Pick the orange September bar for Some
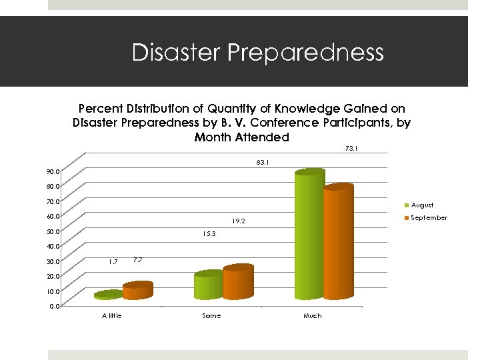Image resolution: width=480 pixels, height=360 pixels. tap(238, 283)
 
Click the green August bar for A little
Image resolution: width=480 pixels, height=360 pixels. tap(109, 294)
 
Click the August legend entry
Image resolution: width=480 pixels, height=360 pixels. tap(421, 205)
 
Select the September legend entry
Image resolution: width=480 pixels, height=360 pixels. tap(429, 218)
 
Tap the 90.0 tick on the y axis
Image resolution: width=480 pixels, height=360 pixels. tap(53, 171)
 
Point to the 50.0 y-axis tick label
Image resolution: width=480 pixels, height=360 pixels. tap(53, 231)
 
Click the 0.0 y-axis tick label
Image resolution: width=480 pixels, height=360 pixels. tap(54, 306)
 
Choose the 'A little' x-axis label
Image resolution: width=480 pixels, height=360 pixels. tap(111, 315)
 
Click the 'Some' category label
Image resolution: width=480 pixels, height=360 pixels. tap(211, 315)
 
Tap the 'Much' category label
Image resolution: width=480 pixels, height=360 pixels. tap(312, 315)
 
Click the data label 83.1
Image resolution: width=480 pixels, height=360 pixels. tap(262, 161)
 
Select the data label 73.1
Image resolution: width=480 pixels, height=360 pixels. tap(351, 149)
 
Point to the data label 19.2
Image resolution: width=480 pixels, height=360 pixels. tap(239, 221)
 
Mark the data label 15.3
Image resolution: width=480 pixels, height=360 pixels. tap(209, 234)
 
